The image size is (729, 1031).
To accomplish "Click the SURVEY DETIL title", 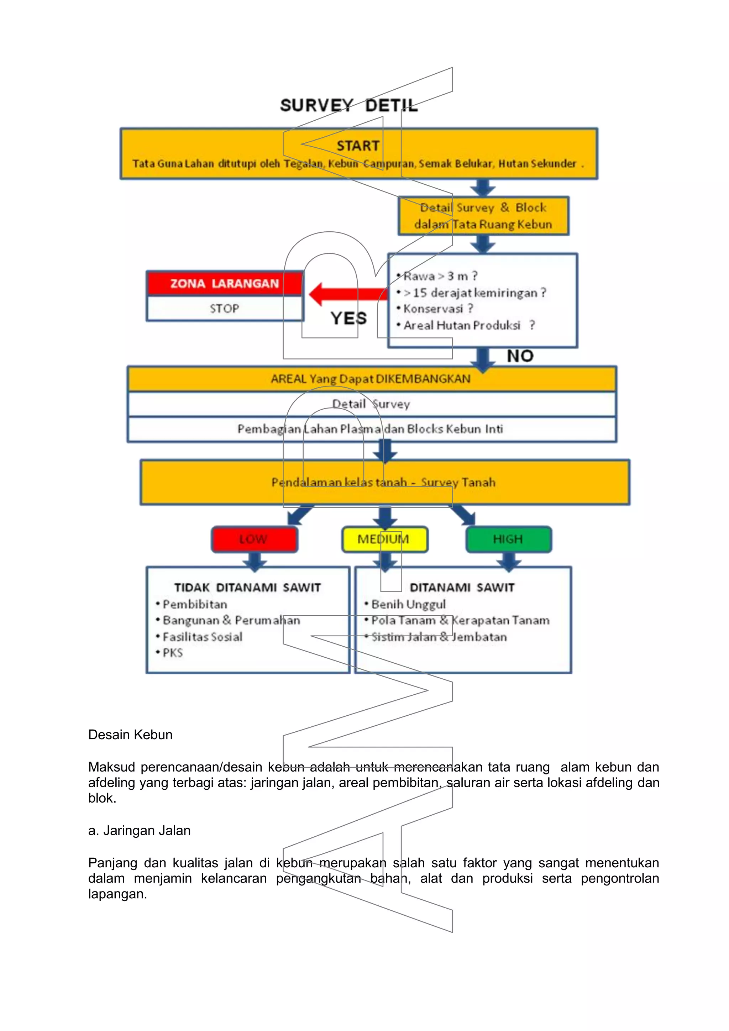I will tap(348, 106).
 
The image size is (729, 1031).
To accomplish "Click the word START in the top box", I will tap(358, 146).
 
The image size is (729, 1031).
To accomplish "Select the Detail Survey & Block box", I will tap(483, 216).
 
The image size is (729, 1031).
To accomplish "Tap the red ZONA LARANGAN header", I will tap(225, 283).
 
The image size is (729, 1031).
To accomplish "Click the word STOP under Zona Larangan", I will tap(224, 309).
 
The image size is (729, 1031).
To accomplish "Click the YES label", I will tap(348, 319).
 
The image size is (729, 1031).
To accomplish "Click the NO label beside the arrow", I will tap(520, 356).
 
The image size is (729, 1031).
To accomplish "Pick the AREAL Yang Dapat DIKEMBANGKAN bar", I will tap(371, 379).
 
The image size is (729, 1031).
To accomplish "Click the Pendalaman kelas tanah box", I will tap(384, 482).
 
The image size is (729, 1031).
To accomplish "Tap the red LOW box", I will tap(254, 539).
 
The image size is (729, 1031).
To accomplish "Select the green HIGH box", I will tap(508, 539).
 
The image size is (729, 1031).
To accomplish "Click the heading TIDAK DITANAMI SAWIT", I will tap(247, 587).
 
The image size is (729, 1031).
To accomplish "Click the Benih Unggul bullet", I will tap(408, 604).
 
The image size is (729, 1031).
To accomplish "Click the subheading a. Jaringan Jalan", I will tap(139, 831).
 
